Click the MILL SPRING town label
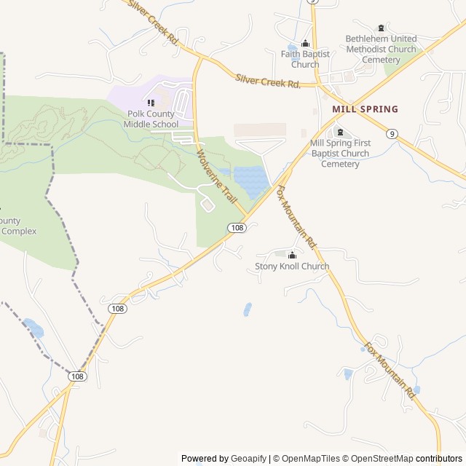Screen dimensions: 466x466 (x=365, y=109)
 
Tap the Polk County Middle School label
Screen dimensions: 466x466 (x=151, y=119)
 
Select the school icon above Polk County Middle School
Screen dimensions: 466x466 (x=151, y=103)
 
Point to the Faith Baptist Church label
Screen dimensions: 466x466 (x=305, y=59)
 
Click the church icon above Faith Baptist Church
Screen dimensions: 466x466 (x=305, y=43)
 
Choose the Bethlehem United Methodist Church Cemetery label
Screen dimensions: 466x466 (x=381, y=49)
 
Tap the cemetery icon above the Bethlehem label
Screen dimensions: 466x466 (x=381, y=28)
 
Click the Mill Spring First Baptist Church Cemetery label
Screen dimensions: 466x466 (x=340, y=153)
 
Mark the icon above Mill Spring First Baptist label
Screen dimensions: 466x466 (x=340, y=132)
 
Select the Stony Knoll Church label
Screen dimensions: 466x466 (x=292, y=266)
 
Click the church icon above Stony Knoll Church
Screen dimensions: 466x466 (x=292, y=255)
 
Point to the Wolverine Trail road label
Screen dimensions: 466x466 (x=218, y=177)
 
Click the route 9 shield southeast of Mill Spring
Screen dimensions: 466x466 (x=392, y=133)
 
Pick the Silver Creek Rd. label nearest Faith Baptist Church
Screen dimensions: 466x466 (x=268, y=81)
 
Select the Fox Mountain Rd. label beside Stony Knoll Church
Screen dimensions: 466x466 (x=296, y=216)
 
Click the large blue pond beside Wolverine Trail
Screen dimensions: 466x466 (x=249, y=182)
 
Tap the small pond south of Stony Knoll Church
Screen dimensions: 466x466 (x=248, y=309)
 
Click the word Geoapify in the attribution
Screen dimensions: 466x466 (x=249, y=459)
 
